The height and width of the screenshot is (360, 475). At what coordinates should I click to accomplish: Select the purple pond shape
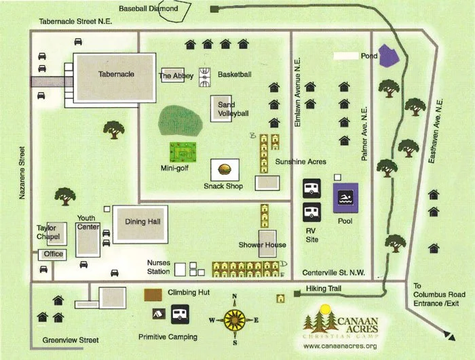pyautogui.click(x=389, y=56)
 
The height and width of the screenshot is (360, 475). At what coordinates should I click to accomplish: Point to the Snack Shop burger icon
pyautogui.click(x=225, y=169)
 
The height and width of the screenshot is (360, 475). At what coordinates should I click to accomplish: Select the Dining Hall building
pyautogui.click(x=140, y=224)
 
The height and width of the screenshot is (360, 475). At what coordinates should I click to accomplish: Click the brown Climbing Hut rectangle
pyautogui.click(x=154, y=294)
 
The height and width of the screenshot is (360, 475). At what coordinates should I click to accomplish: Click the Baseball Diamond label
pyautogui.click(x=149, y=9)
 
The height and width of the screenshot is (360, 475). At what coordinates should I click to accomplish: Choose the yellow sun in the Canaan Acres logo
pyautogui.click(x=330, y=310)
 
